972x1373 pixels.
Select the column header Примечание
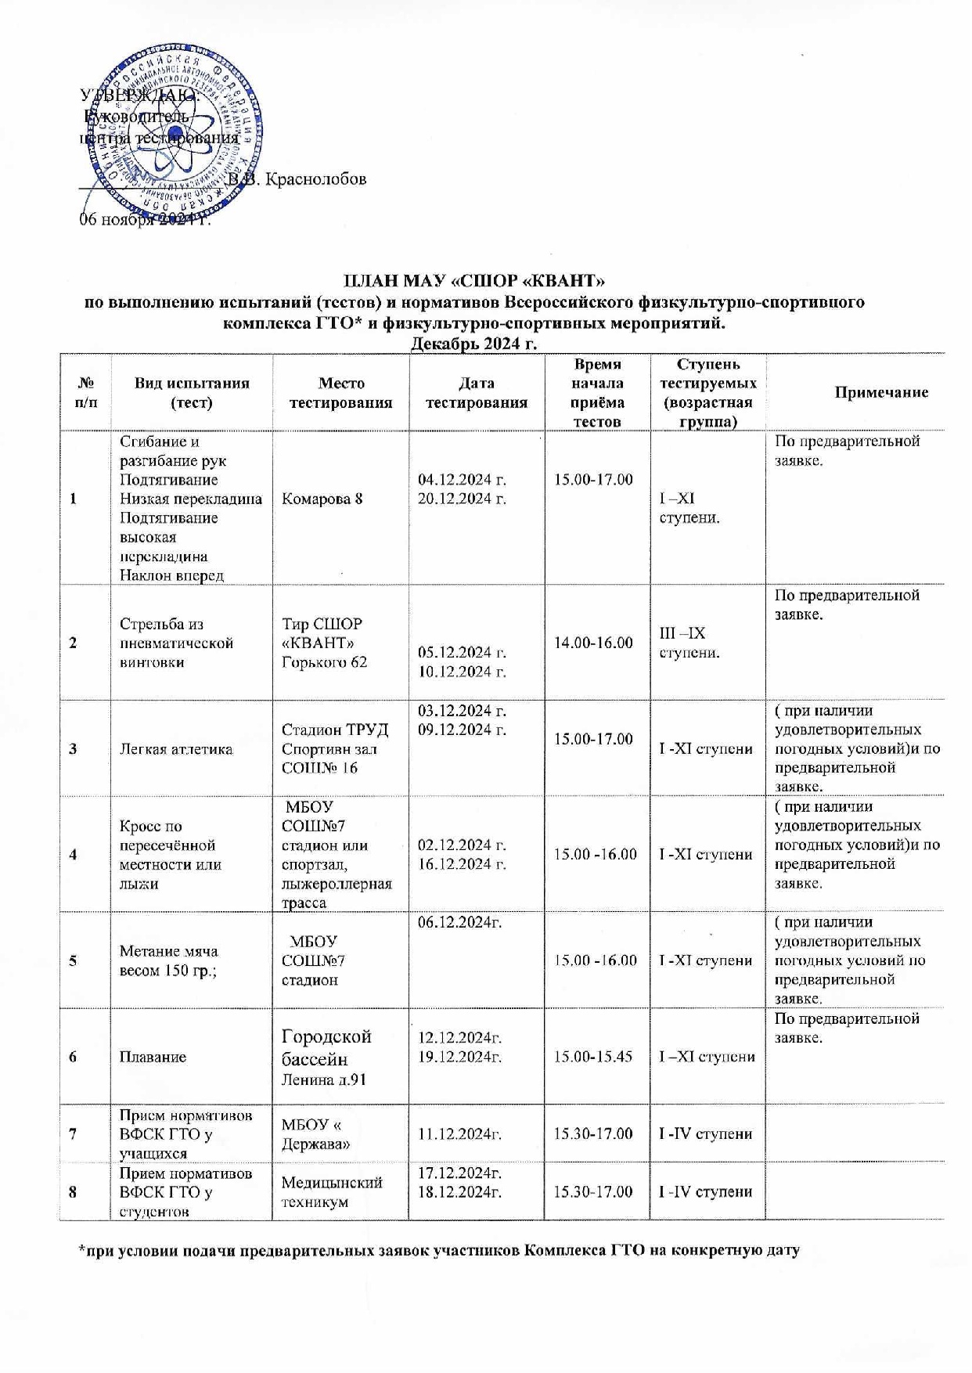880,392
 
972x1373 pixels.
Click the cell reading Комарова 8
322,499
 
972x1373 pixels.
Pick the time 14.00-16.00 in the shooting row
593,643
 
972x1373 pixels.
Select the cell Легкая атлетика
175,749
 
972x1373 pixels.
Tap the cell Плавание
153,1057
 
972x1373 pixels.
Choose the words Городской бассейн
326,1047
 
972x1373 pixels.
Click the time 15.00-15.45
593,1057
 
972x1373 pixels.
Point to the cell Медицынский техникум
331,1192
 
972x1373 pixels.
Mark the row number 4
73,855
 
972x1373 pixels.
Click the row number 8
73,1192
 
